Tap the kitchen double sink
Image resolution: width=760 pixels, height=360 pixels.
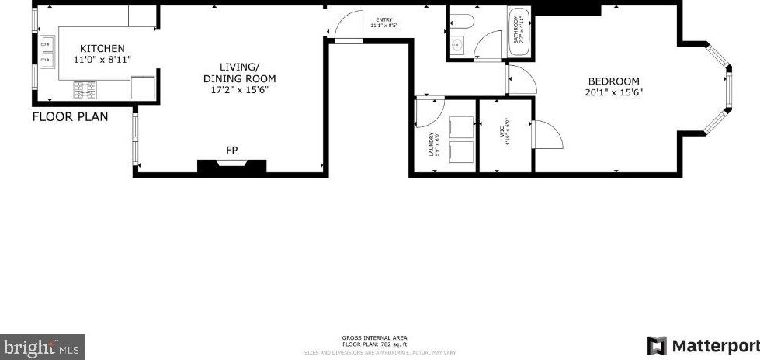click(47, 50)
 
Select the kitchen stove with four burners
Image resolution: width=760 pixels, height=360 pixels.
click(85, 91)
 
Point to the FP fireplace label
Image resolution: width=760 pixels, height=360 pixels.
click(231, 150)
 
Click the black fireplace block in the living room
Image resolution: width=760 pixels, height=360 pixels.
click(231, 166)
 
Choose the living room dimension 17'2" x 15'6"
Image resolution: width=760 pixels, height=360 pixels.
click(239, 90)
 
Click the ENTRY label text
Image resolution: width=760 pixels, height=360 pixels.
click(383, 19)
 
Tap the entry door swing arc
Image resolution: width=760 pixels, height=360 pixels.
click(344, 26)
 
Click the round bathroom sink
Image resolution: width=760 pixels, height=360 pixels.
click(457, 46)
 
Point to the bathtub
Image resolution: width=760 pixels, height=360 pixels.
click(518, 33)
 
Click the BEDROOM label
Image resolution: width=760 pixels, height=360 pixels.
click(613, 81)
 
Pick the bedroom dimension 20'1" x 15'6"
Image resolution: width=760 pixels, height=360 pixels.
click(613, 92)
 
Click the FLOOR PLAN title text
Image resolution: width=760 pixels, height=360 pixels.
click(70, 117)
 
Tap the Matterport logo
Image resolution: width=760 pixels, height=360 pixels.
click(703, 345)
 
